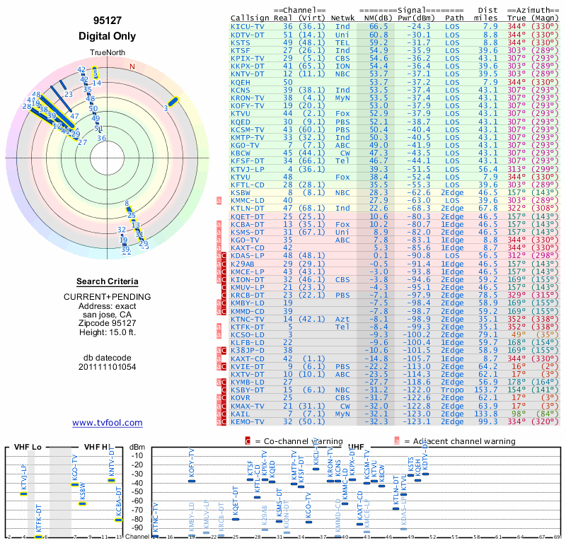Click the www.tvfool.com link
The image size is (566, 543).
[108, 423]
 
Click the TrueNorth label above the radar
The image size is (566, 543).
[107, 54]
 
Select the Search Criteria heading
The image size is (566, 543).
[108, 281]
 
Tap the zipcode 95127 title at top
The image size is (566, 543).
[107, 21]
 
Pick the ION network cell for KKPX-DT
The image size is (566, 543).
[342, 66]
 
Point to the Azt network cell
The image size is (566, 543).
[342, 320]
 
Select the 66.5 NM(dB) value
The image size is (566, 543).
[378, 26]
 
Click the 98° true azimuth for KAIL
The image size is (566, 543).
[520, 414]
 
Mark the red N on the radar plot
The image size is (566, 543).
[132, 67]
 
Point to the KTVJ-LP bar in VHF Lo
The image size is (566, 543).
[24, 493]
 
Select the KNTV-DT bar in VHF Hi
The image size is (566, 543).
[111, 480]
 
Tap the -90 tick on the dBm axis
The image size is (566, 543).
[136, 527]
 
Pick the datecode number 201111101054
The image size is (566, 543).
[108, 367]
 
